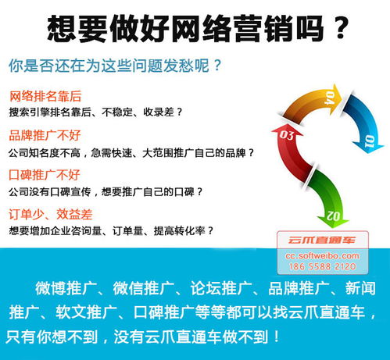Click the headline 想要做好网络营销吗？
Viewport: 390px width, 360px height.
pyautogui.click(x=195, y=29)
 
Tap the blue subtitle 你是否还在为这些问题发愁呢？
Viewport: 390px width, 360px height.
pyautogui.click(x=113, y=63)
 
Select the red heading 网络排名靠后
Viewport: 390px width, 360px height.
pyautogui.click(x=45, y=97)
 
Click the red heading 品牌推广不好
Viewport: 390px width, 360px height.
pyautogui.click(x=45, y=135)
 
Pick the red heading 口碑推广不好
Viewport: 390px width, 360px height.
pyautogui.click(x=45, y=173)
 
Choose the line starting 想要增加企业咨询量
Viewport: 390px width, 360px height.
pyautogui.click(x=110, y=230)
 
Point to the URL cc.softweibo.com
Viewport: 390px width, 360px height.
pyautogui.click(x=321, y=255)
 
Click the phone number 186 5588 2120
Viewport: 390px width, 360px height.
pyautogui.click(x=321, y=266)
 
